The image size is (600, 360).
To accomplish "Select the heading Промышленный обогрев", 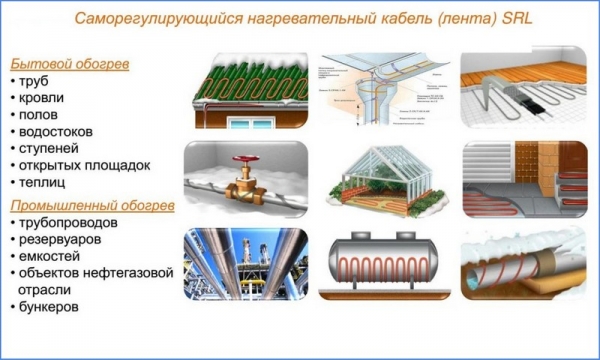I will (92, 205).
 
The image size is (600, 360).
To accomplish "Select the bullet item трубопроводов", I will (76, 223).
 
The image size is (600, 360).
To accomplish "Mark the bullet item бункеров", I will (57, 306).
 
